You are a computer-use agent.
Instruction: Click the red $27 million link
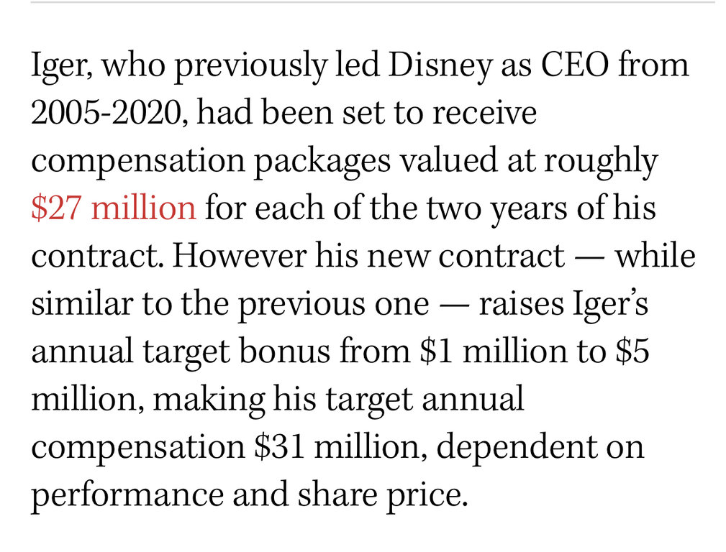[x=113, y=208]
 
